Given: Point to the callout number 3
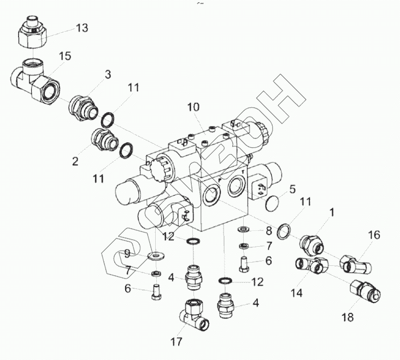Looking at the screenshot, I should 108,74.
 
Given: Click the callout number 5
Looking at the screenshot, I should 292,190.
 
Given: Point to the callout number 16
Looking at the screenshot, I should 373,235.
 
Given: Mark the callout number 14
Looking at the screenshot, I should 296,293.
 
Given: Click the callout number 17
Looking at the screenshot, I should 175,343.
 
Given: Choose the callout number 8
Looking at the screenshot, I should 268,230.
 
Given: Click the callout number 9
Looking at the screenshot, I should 127,253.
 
